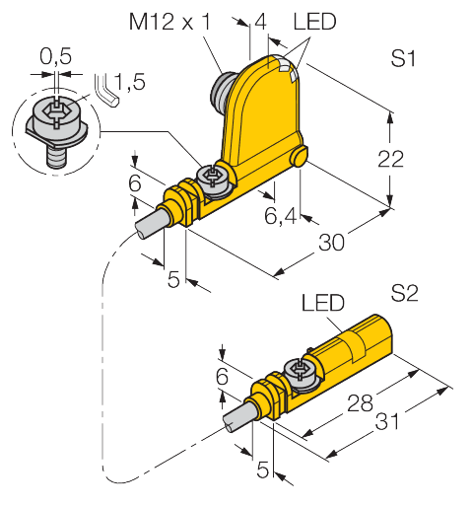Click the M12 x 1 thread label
169,22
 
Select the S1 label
402,59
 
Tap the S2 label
404,292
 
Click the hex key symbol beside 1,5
107,94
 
